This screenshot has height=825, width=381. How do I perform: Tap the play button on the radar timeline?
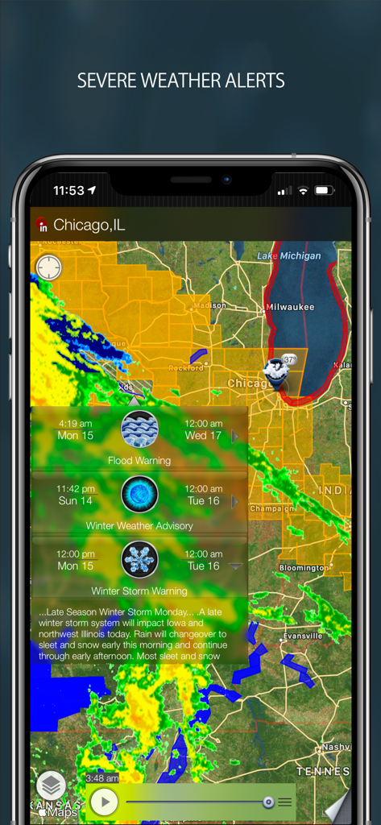[104, 802]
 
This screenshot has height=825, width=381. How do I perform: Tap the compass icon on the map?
[49, 267]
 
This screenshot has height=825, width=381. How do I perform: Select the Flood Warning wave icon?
[139, 429]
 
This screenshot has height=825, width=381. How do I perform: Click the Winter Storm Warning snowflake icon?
[139, 559]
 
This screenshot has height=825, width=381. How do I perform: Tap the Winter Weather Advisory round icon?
[139, 495]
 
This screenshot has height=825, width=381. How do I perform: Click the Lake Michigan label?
[289, 255]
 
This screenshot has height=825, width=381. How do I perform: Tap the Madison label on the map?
[209, 305]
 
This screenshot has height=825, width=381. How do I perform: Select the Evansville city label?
[303, 636]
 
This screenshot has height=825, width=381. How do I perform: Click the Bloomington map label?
[304, 568]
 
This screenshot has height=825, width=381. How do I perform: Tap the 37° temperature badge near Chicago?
[290, 359]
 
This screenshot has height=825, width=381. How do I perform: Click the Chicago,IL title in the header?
[89, 225]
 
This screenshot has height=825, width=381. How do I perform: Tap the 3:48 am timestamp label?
[102, 778]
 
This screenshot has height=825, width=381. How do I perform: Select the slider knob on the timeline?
[268, 802]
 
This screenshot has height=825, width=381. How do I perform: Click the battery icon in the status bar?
[324, 191]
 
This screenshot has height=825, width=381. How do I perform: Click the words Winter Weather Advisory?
[139, 526]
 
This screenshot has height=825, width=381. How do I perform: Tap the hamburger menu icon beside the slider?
[285, 802]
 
